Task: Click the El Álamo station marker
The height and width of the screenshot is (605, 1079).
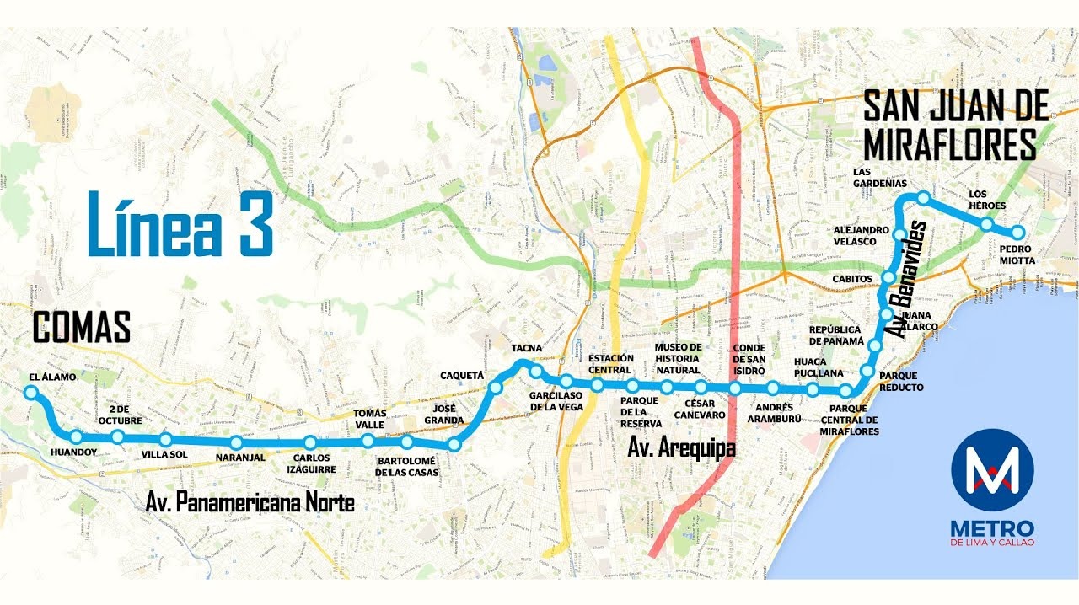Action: (31, 392)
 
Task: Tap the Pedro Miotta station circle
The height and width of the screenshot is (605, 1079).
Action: (1017, 232)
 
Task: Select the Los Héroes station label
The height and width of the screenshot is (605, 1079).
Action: (987, 199)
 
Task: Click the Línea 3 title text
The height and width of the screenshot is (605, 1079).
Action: (180, 224)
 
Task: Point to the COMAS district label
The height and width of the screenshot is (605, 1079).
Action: (82, 327)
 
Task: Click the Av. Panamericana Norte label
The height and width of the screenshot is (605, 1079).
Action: (250, 503)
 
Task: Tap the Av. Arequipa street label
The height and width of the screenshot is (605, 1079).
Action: (681, 447)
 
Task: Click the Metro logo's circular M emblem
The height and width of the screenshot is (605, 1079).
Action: (991, 469)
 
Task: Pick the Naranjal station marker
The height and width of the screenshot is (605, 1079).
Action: (236, 442)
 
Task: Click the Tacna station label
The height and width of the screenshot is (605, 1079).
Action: (527, 348)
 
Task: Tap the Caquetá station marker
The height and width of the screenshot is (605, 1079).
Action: (496, 387)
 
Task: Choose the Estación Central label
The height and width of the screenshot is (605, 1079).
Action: (610, 364)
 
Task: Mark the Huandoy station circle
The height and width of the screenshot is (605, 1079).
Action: (77, 436)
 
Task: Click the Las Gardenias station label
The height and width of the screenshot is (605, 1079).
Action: (879, 177)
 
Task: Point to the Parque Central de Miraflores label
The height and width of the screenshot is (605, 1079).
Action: (849, 420)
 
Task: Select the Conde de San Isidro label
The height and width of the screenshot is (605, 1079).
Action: (749, 359)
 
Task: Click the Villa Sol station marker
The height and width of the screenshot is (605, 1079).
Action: (165, 439)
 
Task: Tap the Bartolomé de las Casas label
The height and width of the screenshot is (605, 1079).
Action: (406, 467)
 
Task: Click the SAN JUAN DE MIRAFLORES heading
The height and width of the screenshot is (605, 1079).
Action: (955, 126)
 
